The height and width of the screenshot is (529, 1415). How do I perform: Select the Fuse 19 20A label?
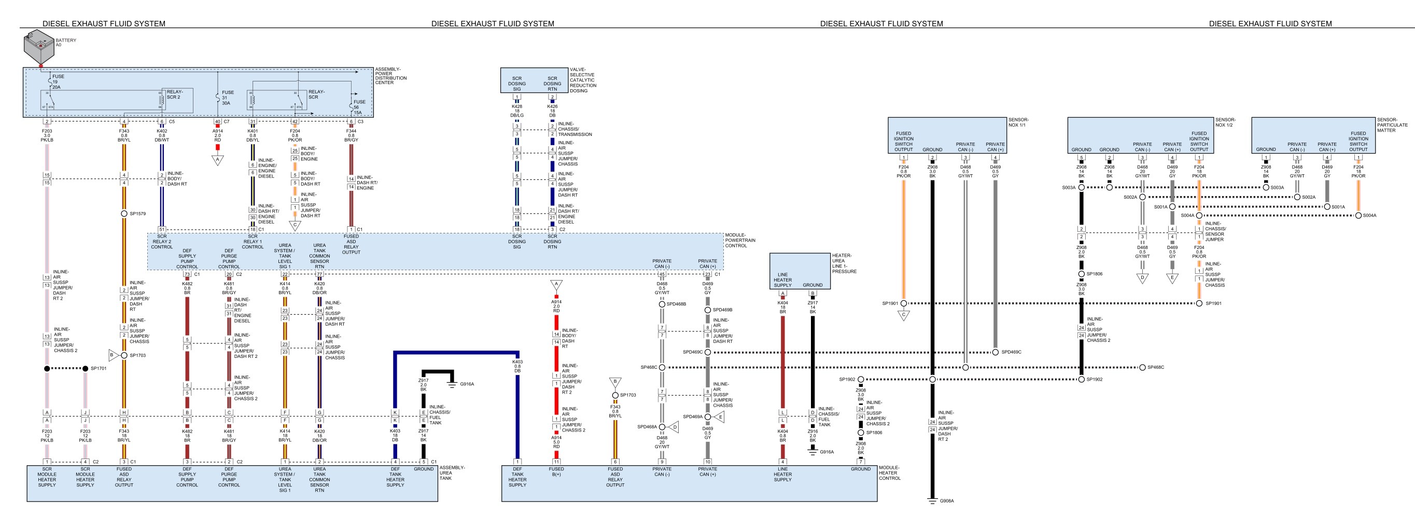click(58, 82)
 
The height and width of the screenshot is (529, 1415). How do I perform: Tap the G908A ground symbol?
click(932, 501)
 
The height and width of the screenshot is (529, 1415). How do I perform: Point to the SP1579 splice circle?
click(124, 214)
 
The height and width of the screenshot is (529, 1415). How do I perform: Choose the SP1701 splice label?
click(99, 369)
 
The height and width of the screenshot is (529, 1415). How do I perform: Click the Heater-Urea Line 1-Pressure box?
click(800, 271)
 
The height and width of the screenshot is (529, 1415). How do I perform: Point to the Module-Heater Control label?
click(890, 473)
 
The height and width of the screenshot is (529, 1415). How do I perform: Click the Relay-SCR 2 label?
click(174, 94)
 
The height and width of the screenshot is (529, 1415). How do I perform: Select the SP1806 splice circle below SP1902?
click(861, 433)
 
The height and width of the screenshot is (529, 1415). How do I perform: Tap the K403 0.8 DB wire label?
click(517, 366)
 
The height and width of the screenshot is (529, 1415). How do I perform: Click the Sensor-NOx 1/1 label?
click(1018, 122)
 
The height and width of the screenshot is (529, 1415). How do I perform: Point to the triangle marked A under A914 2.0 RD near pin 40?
click(218, 160)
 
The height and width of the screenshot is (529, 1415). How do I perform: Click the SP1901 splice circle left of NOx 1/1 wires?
click(904, 303)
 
